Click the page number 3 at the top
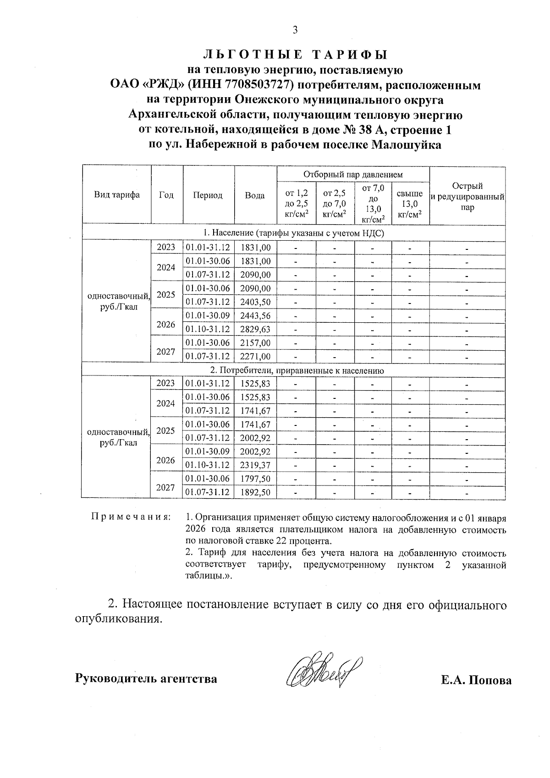click(295, 30)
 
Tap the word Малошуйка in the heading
click(407, 145)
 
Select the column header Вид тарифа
click(117, 195)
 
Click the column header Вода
click(255, 195)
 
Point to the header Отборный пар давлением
click(353, 174)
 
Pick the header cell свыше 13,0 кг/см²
click(410, 204)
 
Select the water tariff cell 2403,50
click(255, 302)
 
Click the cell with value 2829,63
click(255, 329)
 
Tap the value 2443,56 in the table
click(255, 316)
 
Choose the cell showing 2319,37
click(255, 465)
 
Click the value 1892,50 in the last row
click(255, 492)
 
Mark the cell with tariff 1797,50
click(255, 479)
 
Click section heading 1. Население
click(293, 233)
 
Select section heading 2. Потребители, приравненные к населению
click(293, 370)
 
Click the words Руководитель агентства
click(146, 678)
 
